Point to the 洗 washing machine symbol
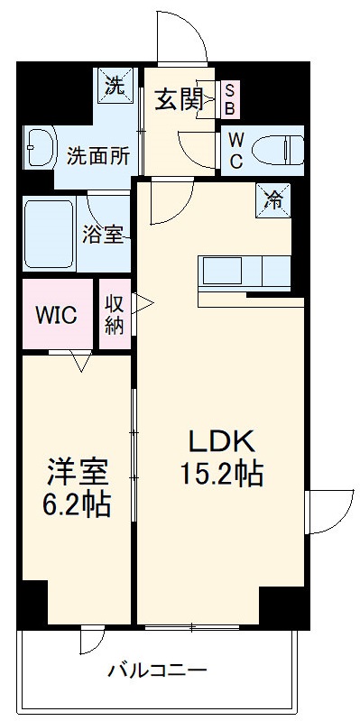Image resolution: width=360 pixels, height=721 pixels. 115,87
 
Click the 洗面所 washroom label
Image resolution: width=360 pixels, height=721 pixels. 97,154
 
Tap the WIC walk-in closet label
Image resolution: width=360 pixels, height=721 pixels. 56,316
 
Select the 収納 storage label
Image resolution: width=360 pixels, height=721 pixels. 114,315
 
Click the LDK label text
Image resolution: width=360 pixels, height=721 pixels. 224,440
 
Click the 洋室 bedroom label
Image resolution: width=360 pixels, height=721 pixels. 78,471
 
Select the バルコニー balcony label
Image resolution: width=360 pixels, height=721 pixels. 158,670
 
